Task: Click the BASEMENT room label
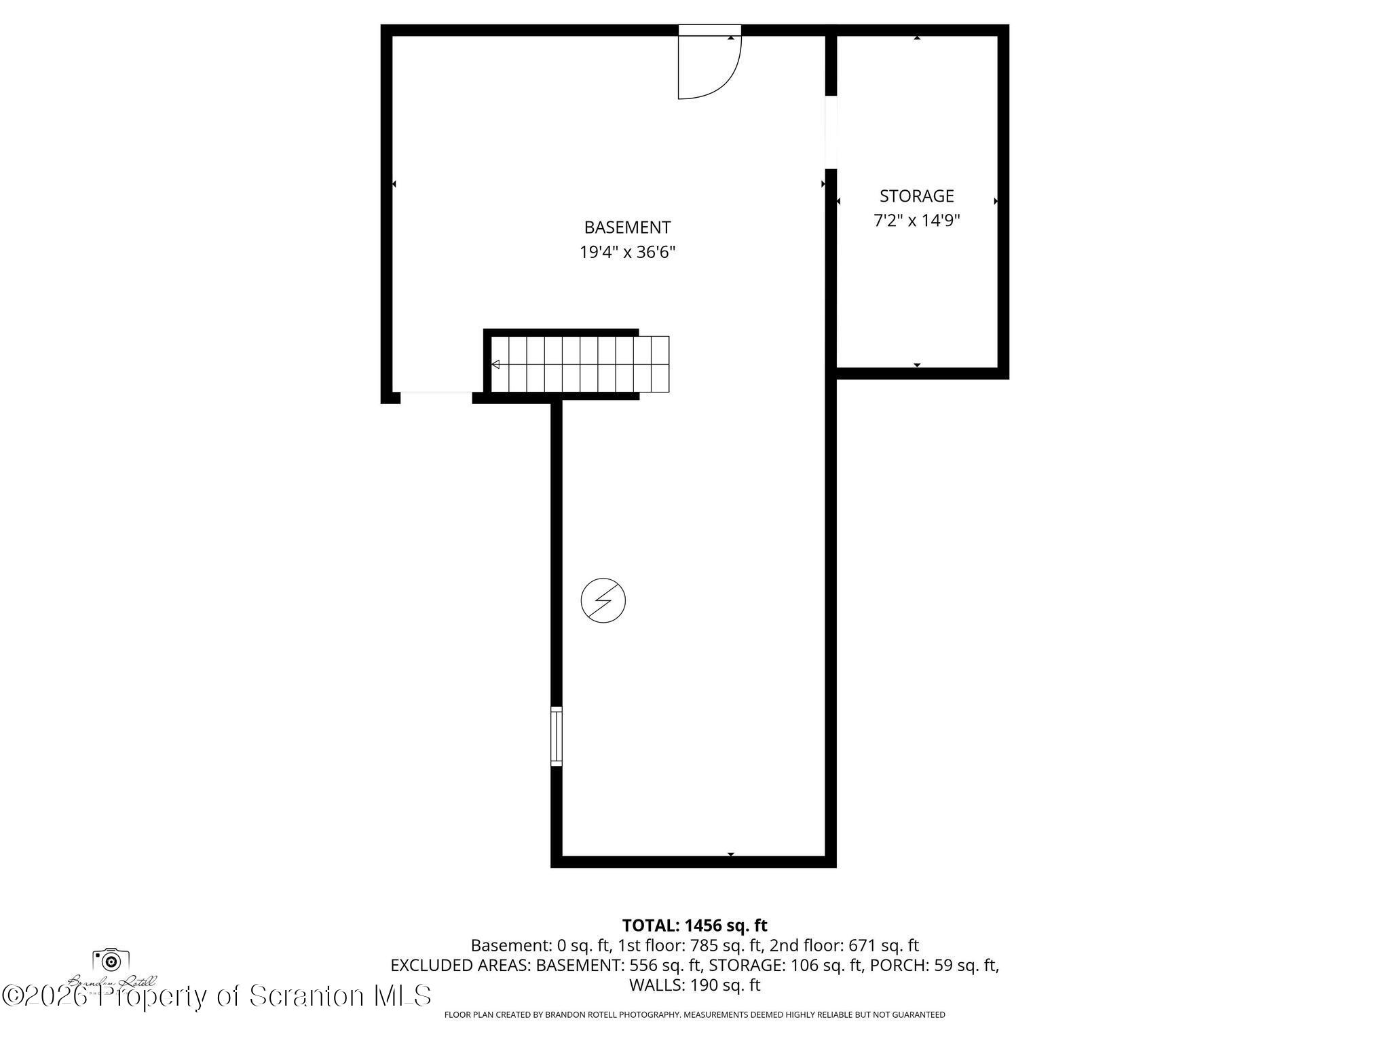coord(627,227)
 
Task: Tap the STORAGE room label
coord(916,196)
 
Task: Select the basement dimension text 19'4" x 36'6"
coord(627,253)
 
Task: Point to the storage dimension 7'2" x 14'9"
coord(916,221)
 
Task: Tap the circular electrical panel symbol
coord(603,600)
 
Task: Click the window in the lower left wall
coord(556,736)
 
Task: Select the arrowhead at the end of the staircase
coord(495,365)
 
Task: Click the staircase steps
coord(580,365)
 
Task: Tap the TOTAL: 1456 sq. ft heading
coord(694,925)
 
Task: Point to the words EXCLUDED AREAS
coord(460,965)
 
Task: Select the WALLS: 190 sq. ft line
coord(694,985)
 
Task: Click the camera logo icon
coord(111,960)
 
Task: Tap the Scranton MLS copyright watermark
coord(217,996)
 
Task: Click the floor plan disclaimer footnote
coord(694,1014)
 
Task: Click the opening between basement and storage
coord(831,132)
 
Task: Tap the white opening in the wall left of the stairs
coord(436,397)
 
